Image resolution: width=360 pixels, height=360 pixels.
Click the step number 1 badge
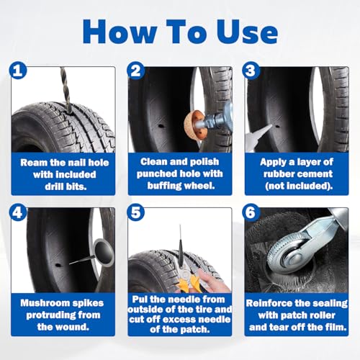18,71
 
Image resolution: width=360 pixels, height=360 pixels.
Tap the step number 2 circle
136,71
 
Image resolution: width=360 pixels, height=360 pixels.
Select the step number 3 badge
251,71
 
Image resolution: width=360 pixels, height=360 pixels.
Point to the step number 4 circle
18,212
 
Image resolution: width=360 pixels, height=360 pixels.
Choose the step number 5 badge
136,212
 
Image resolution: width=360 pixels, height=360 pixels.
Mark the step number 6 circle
251,212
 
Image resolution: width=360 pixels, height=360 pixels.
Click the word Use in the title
248,32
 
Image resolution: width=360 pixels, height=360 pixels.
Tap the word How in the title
120,32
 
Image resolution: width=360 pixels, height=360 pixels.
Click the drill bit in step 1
66,90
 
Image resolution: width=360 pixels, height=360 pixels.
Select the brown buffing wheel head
194,125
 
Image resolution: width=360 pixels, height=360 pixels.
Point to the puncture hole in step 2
161,125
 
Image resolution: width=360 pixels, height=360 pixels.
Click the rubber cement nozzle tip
271,125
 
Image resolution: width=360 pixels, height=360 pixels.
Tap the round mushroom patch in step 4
104,252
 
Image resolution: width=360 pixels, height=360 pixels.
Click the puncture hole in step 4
58,265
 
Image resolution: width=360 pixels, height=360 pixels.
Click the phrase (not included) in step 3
299,186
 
